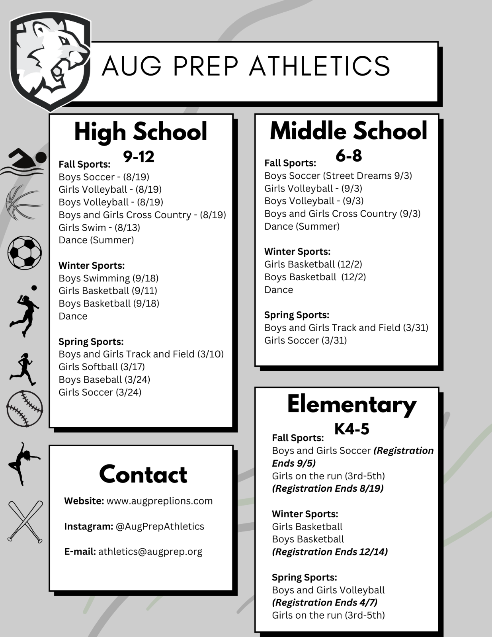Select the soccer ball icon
25,252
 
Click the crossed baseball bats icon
25,522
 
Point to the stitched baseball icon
25,409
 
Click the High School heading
141,131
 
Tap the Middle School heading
348,131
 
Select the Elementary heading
351,404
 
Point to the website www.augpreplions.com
160,501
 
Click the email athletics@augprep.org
150,552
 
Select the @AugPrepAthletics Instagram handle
160,526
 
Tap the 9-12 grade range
139,156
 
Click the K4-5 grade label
351,429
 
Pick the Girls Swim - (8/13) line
99,227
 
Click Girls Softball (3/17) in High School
102,367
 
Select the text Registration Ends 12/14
330,552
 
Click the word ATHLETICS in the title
320,66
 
